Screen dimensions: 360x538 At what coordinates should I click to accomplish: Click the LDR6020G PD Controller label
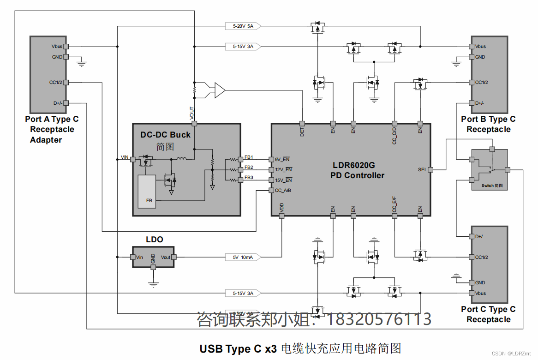pyautogui.click(x=357, y=170)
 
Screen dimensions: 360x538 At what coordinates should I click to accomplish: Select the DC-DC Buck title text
pyautogui.click(x=165, y=135)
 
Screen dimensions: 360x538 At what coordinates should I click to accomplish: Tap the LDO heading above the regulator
pyautogui.click(x=154, y=240)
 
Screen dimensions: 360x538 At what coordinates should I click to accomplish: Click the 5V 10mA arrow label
pyautogui.click(x=243, y=257)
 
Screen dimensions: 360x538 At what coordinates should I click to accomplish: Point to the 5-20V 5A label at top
pyautogui.click(x=243, y=26)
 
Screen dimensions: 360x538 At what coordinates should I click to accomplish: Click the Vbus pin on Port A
pyautogui.click(x=66, y=46)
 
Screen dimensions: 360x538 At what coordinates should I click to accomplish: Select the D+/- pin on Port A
pyautogui.click(x=66, y=103)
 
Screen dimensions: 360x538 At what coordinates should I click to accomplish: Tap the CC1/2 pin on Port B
pyautogui.click(x=472, y=83)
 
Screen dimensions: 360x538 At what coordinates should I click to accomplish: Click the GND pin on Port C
pyautogui.click(x=472, y=282)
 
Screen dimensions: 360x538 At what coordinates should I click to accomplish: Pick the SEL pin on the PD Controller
pyautogui.click(x=430, y=170)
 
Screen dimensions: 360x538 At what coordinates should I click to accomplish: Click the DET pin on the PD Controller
pyautogui.click(x=302, y=124)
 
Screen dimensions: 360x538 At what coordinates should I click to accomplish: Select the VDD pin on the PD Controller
pyautogui.click(x=281, y=216)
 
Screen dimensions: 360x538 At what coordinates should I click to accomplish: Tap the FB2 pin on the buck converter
pyautogui.click(x=240, y=170)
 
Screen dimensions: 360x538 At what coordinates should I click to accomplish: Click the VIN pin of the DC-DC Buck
pyautogui.click(x=133, y=159)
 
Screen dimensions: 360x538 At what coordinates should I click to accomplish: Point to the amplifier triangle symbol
pyautogui.click(x=220, y=90)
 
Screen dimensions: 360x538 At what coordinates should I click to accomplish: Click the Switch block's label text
pyautogui.click(x=491, y=186)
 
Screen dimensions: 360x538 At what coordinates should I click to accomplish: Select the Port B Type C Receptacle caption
pyautogui.click(x=488, y=124)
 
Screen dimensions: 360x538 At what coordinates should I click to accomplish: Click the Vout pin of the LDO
pyautogui.click(x=175, y=257)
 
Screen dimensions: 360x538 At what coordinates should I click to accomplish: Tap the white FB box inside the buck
pyautogui.click(x=147, y=192)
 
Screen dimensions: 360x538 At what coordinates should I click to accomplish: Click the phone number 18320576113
pyautogui.click(x=379, y=319)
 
